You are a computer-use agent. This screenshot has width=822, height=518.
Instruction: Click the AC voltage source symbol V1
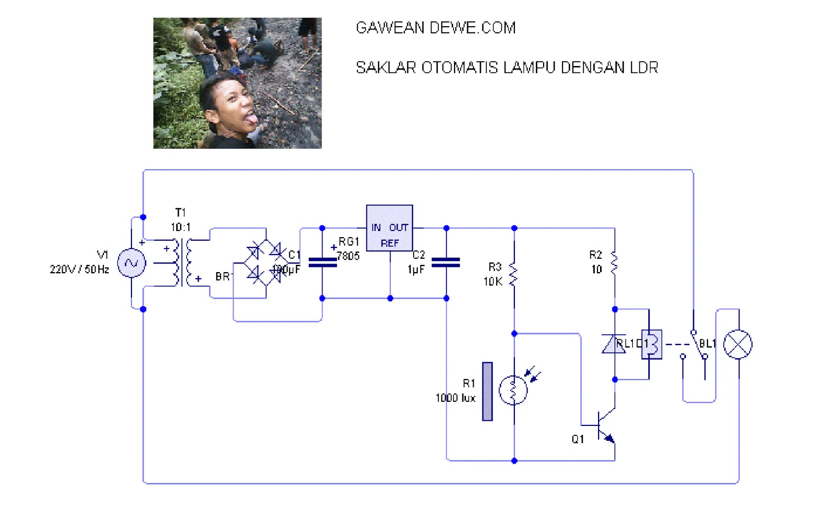tap(132, 263)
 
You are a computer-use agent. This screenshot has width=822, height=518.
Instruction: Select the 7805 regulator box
tap(389, 228)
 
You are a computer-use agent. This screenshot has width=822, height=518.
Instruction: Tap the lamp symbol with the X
tap(738, 344)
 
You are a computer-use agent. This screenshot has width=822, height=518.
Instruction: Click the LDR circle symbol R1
tap(513, 390)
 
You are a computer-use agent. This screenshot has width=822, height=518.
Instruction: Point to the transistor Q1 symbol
tap(604, 426)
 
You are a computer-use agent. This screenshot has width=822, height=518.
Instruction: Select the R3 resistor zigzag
tap(513, 274)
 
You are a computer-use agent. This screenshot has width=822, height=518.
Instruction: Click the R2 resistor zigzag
tap(614, 262)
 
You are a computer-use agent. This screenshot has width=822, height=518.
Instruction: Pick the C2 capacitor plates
tap(446, 262)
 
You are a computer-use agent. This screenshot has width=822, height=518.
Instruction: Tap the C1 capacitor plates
tap(322, 262)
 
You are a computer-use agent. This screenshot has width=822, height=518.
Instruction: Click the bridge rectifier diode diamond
tap(266, 263)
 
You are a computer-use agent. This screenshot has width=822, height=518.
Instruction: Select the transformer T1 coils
tap(183, 262)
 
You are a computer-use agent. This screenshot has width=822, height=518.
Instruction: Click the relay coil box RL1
tap(651, 344)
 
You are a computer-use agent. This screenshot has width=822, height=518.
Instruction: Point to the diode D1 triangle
tap(614, 344)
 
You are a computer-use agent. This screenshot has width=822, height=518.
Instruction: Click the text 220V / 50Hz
tap(79, 270)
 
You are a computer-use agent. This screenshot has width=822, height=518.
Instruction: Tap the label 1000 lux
tap(455, 398)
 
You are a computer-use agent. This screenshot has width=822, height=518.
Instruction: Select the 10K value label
tap(493, 281)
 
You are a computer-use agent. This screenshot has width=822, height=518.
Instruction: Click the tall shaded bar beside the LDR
tap(487, 391)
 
